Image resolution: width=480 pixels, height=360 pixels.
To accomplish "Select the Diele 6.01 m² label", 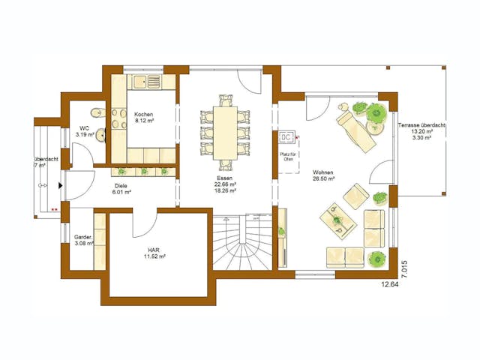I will pos(122,188).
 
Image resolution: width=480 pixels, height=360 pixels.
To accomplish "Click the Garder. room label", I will pos(82,240).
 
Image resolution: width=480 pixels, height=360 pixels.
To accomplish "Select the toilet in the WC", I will pos(92,112).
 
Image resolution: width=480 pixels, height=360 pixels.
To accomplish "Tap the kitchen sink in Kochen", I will pos(154,80).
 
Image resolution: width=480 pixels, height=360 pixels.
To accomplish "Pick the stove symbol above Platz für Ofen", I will pos(286,139).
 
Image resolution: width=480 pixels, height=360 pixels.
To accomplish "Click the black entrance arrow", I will pos(61,184).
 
